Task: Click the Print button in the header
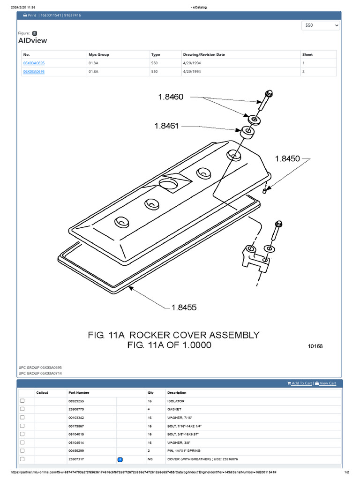[x=29, y=15]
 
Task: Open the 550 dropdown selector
[x=321, y=25]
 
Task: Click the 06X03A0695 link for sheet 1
[x=34, y=63]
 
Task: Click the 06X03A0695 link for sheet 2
[x=34, y=72]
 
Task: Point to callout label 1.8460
[x=170, y=97]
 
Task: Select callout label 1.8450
[x=287, y=159]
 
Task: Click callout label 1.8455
[x=184, y=307]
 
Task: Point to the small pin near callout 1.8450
[x=265, y=190]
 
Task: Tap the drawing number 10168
[x=315, y=346]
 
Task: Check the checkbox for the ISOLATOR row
[x=22, y=401]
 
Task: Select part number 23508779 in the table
[x=76, y=409]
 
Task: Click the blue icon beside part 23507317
[x=120, y=459]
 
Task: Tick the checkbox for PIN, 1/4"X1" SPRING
[x=22, y=450]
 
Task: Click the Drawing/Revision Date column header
[x=203, y=54]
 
